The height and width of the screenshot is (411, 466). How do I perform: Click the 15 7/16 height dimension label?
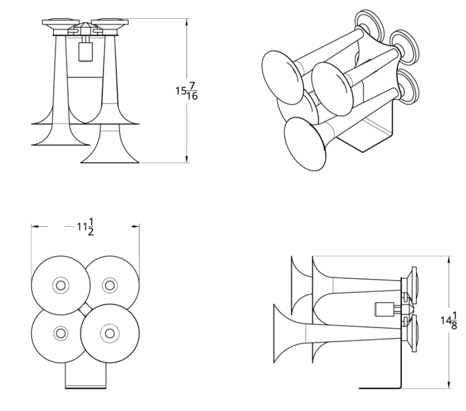pos(186,91)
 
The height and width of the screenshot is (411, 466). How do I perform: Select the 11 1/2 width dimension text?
pos(86,227)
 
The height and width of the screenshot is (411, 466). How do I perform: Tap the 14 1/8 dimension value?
pos(449,321)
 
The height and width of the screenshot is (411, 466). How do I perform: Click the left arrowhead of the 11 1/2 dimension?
pos(35,227)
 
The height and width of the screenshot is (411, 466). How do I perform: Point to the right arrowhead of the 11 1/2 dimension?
pos(136,227)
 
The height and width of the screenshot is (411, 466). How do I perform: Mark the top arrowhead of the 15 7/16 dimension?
pos(187,22)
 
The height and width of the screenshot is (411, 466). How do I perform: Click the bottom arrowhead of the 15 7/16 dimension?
pos(187,159)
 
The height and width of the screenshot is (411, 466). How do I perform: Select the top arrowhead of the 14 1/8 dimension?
pos(448,260)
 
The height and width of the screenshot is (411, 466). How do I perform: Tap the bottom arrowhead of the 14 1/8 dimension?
pos(448,384)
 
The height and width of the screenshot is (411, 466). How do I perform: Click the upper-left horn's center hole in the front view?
pos(61,286)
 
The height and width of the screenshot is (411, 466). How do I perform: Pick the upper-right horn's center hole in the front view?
pos(110,286)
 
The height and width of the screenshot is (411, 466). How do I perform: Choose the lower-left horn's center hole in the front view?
pos(61,333)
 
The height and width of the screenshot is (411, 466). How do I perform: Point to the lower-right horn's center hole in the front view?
pos(110,334)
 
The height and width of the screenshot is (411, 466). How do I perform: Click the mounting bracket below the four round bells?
pos(86,375)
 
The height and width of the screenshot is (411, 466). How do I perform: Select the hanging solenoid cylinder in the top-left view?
pos(86,52)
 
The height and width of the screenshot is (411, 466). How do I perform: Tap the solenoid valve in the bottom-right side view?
pos(382,310)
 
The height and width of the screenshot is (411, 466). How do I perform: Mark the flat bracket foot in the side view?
pos(380,388)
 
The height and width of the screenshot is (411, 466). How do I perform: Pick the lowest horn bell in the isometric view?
pos(304,144)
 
